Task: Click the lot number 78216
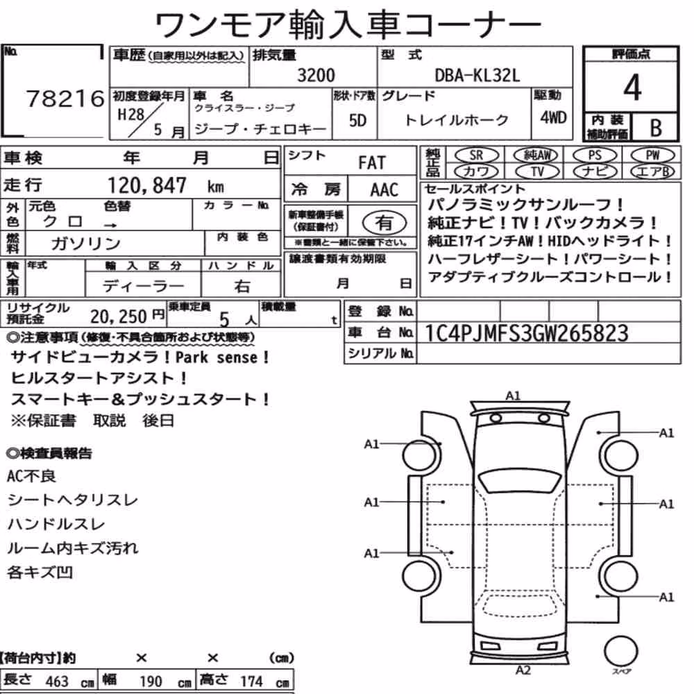pos(65,99)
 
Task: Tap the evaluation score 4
pos(632,87)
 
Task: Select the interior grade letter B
pos(656,128)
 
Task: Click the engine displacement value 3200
pos(316,75)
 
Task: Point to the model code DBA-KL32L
pos(477,76)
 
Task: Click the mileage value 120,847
pos(147,185)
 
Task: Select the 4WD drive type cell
pos(553,118)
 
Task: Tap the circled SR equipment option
pos(476,155)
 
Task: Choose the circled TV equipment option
pos(537,171)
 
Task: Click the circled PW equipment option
pos(652,155)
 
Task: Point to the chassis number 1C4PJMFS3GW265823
pos(526,333)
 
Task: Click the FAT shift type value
pos(372,163)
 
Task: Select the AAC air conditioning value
pos(384,190)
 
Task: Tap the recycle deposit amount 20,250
pos(118,316)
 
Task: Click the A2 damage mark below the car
pos(523,670)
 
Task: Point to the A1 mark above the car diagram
pos(513,396)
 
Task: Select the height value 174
pos(251,682)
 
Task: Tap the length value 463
pos(57,682)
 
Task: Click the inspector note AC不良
pos(31,476)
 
